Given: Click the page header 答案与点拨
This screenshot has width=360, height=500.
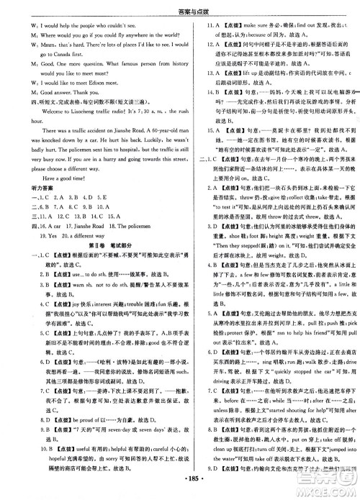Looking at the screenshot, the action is click(179, 8).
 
